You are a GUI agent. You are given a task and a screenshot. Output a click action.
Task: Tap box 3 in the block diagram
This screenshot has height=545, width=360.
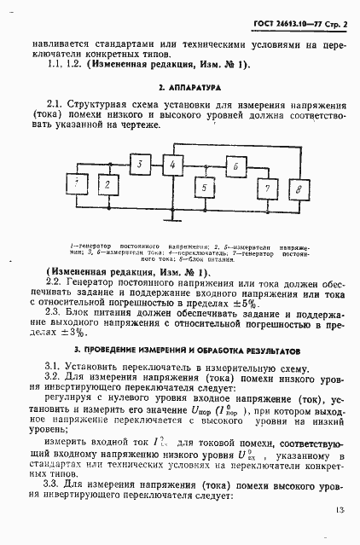tap(142, 165)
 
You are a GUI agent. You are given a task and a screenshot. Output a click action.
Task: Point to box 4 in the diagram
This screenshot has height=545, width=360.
tap(173, 165)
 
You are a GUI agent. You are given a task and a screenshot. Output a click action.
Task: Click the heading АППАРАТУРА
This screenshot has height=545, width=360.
tap(189, 87)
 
